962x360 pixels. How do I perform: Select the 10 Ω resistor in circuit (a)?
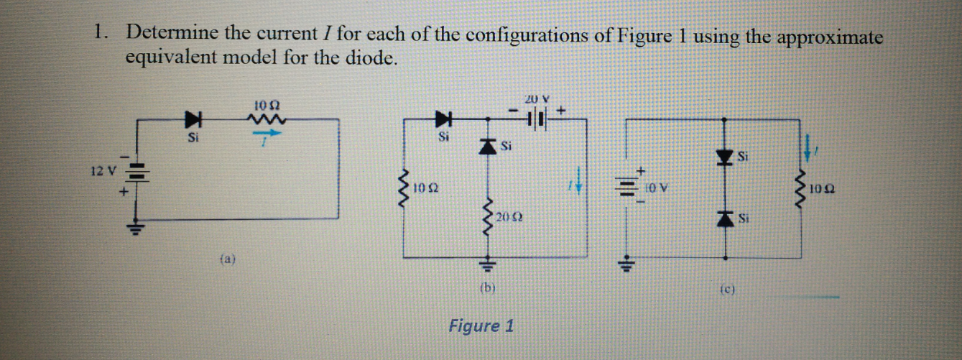[x=267, y=117]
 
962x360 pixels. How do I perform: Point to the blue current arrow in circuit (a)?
[x=267, y=134]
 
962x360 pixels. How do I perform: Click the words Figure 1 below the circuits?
[x=481, y=326]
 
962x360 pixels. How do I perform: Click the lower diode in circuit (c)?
[x=724, y=218]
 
